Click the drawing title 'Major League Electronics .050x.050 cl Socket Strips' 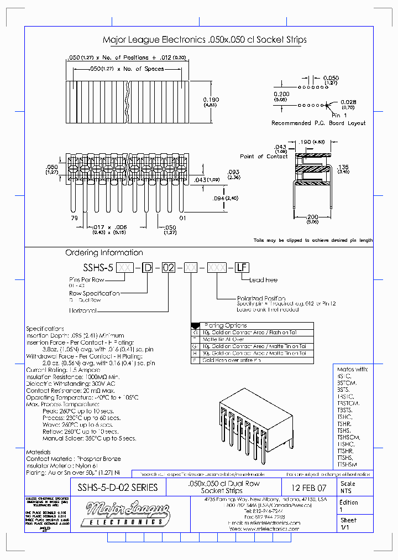[x=205, y=40]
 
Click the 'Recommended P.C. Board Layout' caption [x=318, y=123]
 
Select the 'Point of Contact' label [x=264, y=156]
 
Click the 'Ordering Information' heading [x=104, y=252]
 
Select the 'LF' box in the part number [x=241, y=268]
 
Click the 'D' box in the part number [x=147, y=268]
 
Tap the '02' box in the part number [x=169, y=268]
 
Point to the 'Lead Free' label [x=264, y=279]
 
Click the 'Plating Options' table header [x=226, y=325]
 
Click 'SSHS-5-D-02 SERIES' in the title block [x=117, y=488]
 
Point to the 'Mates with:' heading [x=352, y=369]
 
